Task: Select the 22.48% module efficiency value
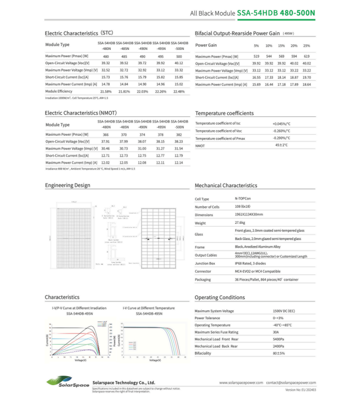(179, 91)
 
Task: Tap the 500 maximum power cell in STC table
(179, 57)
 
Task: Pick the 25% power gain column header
(306, 45)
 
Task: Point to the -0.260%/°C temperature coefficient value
(281, 131)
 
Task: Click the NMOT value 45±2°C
(281, 145)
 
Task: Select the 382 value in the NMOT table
(179, 135)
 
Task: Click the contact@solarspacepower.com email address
(291, 382)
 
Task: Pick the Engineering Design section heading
(68, 185)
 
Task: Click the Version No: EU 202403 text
(301, 390)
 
